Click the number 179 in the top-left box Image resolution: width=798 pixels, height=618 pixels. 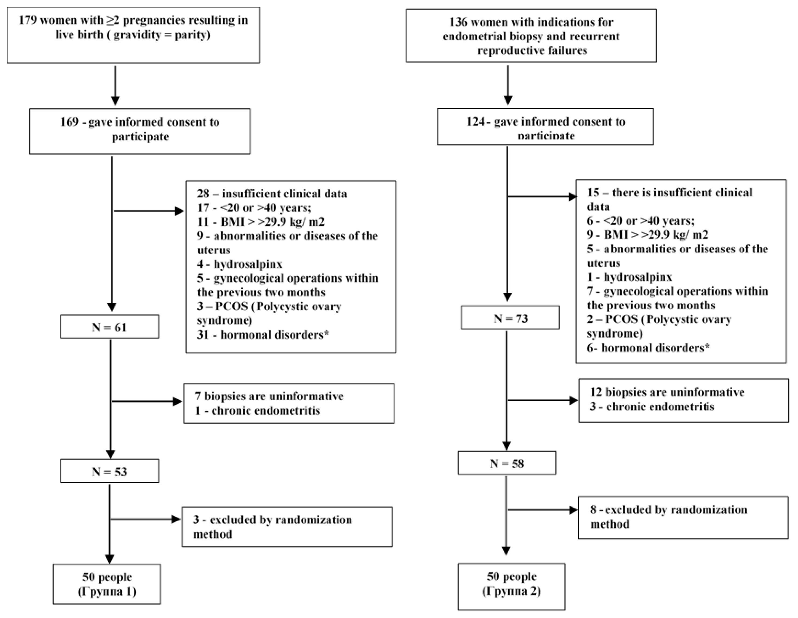[x=28, y=20]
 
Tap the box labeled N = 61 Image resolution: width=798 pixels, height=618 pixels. [x=109, y=327]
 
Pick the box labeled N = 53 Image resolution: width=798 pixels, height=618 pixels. [x=109, y=472]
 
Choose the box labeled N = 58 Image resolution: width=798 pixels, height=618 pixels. [x=507, y=463]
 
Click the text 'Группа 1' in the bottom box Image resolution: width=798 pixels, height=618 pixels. [x=107, y=591]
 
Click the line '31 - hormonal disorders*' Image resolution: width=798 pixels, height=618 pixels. [x=263, y=335]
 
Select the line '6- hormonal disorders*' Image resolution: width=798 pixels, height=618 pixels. [x=648, y=348]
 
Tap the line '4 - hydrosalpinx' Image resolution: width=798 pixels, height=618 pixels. [x=239, y=264]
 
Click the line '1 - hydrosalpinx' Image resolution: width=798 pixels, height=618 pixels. [x=629, y=277]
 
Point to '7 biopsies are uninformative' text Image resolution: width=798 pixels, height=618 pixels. [x=269, y=396]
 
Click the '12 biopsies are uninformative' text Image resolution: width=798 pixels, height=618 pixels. [x=667, y=392]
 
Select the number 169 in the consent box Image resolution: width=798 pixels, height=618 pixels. [x=69, y=122]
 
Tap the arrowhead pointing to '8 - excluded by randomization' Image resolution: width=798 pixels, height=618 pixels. [x=574, y=510]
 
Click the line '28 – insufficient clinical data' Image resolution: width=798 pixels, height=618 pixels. [x=272, y=193]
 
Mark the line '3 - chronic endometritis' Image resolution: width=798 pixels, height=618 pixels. [x=652, y=406]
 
